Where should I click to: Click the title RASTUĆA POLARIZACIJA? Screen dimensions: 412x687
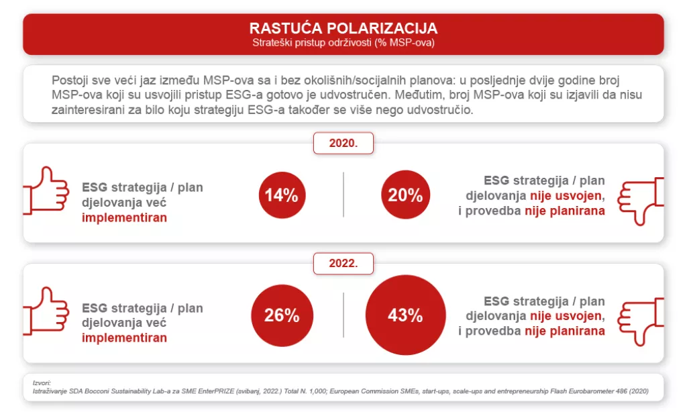pyautogui.click(x=343, y=28)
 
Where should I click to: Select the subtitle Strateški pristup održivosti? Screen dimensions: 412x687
pyautogui.click(x=343, y=43)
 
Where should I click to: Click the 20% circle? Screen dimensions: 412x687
pyautogui.click(x=405, y=195)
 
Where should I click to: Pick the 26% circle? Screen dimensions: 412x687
pyautogui.click(x=281, y=315)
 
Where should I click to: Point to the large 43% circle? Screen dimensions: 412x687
pyautogui.click(x=405, y=315)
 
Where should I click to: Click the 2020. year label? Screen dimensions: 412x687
pyautogui.click(x=343, y=144)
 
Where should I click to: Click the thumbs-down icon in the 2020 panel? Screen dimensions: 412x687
pyautogui.click(x=640, y=201)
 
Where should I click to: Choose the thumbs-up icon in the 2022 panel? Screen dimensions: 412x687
pyautogui.click(x=46, y=311)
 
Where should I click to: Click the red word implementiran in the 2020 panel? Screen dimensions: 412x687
pyautogui.click(x=124, y=217)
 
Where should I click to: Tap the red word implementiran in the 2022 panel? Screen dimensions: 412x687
pyautogui.click(x=124, y=338)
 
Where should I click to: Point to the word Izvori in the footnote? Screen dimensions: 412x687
pyautogui.click(x=42, y=382)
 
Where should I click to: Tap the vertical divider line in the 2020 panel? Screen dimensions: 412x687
pyautogui.click(x=343, y=195)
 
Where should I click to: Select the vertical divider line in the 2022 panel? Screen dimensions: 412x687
pyautogui.click(x=343, y=315)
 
